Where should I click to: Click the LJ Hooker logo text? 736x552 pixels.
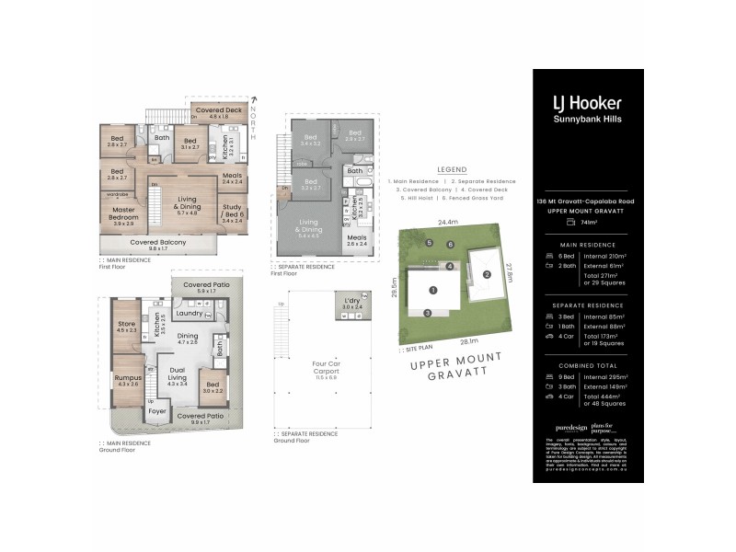coord(586,103)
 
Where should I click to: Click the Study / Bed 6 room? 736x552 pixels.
coord(232,213)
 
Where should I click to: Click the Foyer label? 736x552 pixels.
coord(157,411)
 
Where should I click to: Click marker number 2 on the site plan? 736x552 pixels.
coord(487,274)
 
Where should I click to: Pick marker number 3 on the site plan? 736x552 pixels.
coord(427,313)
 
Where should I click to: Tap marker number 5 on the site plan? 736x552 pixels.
coord(429,242)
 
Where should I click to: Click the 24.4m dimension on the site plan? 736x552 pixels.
coord(448,222)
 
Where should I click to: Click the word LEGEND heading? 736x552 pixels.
coord(451,170)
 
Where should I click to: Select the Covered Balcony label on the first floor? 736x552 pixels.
coord(157,242)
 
